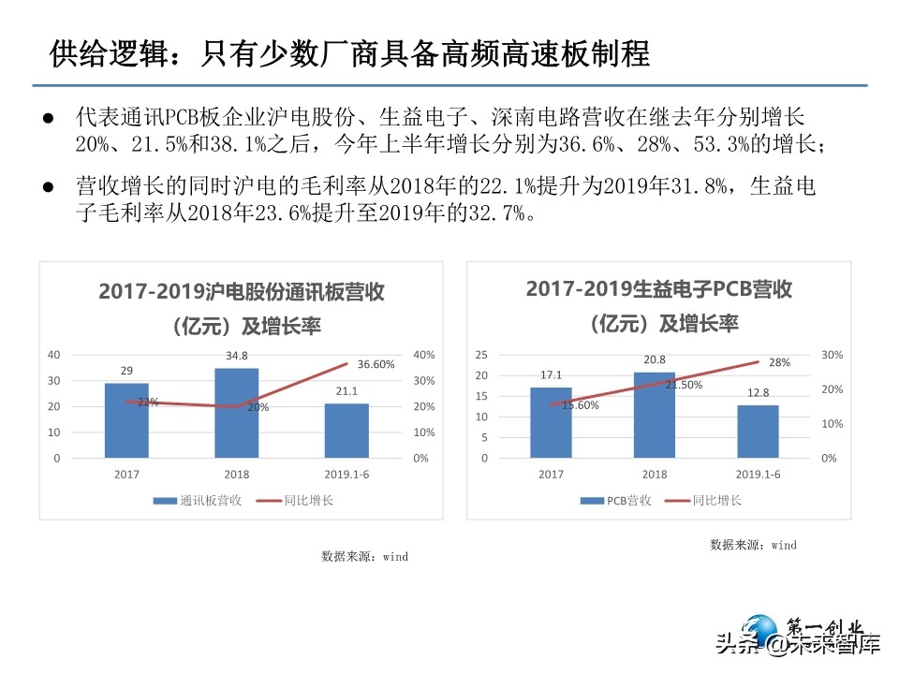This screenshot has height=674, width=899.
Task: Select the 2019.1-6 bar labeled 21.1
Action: tap(346, 431)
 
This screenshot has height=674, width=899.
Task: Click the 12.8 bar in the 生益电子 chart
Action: tap(758, 432)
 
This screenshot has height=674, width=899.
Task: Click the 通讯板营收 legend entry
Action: tap(199, 501)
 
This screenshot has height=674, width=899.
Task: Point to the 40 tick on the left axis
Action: tap(53, 355)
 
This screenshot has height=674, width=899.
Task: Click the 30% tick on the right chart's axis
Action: tap(833, 355)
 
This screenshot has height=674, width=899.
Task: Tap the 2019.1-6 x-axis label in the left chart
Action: tap(347, 475)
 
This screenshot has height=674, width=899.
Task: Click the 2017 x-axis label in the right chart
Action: tap(551, 475)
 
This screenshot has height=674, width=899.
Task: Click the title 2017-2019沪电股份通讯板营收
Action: tap(242, 291)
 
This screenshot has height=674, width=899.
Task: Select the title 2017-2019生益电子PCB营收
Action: tap(659, 289)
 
